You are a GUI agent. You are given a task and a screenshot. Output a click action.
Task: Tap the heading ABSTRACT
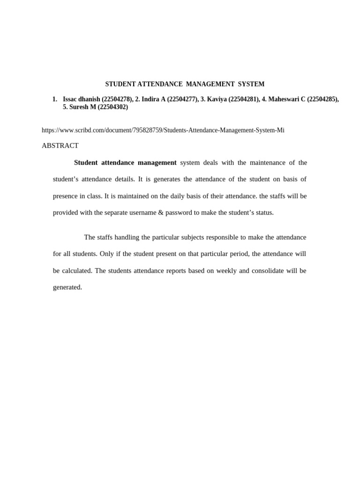click(60, 146)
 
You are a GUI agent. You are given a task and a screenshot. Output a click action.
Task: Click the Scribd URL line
click(163, 130)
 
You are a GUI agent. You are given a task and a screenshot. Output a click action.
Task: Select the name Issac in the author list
click(71, 99)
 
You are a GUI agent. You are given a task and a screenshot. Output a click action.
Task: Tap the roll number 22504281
click(244, 99)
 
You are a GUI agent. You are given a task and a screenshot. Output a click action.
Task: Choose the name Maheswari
click(284, 99)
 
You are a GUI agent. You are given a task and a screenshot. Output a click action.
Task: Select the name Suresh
click(79, 107)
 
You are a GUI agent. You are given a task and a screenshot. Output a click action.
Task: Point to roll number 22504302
click(112, 107)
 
